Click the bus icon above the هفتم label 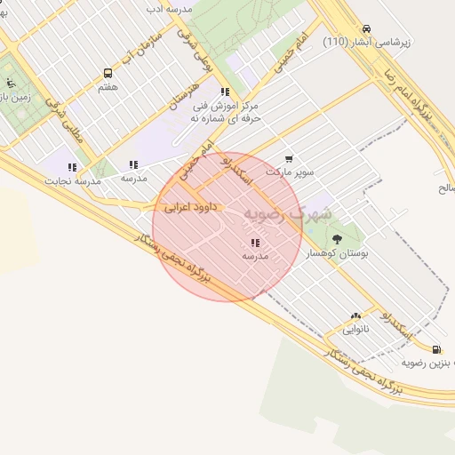pos(108,74)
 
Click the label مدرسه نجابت pos(73,180)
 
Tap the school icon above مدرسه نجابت pos(72,166)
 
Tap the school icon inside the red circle pos(255,242)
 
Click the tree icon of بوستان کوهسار pos(337,239)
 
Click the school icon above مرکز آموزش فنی pos(226,92)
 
